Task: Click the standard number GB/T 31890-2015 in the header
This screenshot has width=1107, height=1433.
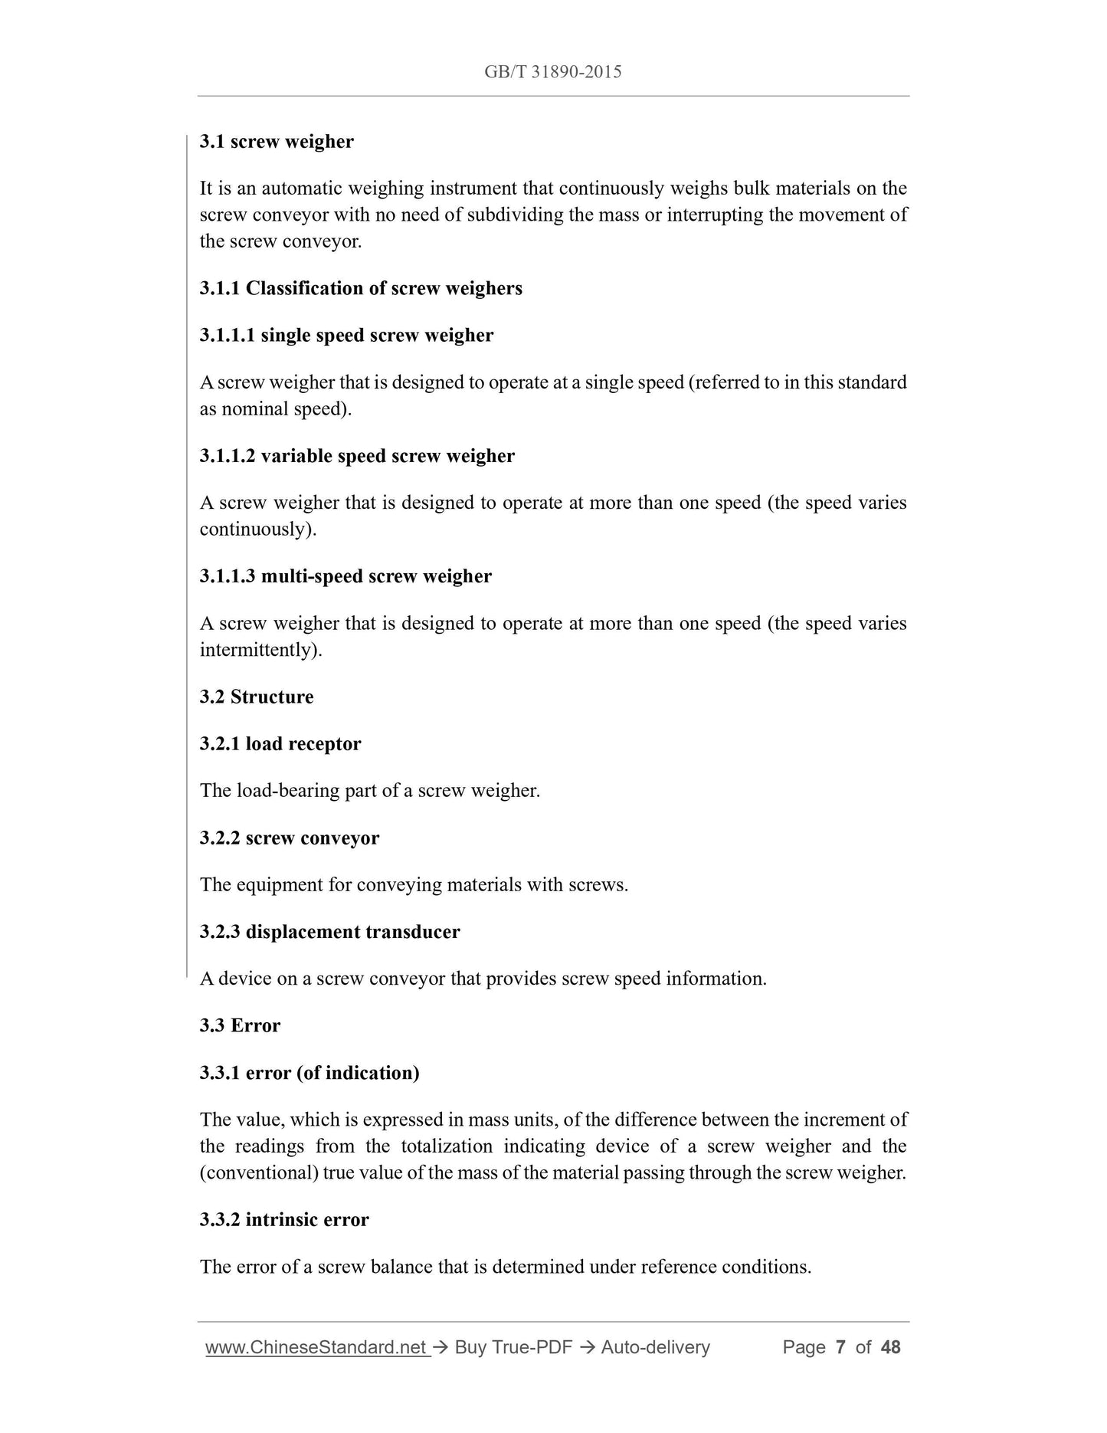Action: pos(552,72)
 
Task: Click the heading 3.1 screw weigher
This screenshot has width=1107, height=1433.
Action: pos(277,142)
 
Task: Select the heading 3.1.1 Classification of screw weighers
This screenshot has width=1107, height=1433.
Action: pos(361,288)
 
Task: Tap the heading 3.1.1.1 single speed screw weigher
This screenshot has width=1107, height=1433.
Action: pos(346,335)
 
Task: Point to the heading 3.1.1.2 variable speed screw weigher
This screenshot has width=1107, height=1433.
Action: pos(357,456)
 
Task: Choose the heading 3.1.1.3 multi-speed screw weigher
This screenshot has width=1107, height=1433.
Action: pos(346,576)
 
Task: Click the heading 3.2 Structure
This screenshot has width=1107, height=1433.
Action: pos(257,697)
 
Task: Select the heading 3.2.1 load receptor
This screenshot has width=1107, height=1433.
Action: pos(280,744)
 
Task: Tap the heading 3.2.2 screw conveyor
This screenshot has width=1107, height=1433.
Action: pos(290,838)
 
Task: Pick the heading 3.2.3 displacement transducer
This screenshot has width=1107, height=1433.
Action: pos(329,932)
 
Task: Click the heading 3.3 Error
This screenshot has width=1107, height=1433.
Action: pos(240,1025)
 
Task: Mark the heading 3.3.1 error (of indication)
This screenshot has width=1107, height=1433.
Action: pos(310,1073)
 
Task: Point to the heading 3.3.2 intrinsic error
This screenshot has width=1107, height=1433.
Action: pos(284,1219)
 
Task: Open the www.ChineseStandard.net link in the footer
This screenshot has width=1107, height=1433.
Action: pos(316,1347)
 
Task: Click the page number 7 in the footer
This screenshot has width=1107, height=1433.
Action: pos(840,1347)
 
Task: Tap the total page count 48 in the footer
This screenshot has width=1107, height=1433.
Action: pos(891,1347)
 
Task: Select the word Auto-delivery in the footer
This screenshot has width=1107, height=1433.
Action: pos(655,1347)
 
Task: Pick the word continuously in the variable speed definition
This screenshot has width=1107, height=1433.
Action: pos(257,530)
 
